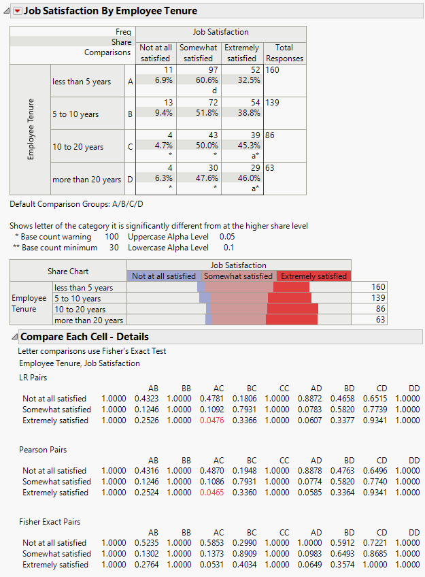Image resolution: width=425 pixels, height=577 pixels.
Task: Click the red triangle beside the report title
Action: (18, 11)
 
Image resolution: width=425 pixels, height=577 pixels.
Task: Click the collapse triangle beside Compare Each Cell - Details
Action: (14, 337)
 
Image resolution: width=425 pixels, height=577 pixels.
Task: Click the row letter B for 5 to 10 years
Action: (130, 114)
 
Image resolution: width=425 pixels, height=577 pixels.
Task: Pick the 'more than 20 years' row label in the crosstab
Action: (86, 180)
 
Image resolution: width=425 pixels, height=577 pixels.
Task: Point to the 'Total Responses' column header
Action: (284, 53)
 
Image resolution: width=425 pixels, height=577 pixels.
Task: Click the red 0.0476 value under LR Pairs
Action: (218, 421)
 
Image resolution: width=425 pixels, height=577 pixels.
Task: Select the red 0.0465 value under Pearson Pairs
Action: (218, 493)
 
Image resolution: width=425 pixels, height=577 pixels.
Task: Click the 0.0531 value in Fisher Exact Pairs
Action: (218, 565)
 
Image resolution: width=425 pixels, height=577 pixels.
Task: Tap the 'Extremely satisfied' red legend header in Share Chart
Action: (313, 276)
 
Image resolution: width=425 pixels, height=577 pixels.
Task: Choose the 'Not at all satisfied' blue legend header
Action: (165, 276)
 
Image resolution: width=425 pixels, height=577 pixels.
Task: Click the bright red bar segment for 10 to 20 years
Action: (292, 309)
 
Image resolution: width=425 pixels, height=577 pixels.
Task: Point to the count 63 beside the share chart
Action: (379, 320)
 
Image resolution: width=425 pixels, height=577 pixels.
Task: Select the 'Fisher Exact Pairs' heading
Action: (50, 522)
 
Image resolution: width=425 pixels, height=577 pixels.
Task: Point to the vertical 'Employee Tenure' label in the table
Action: (30, 130)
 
